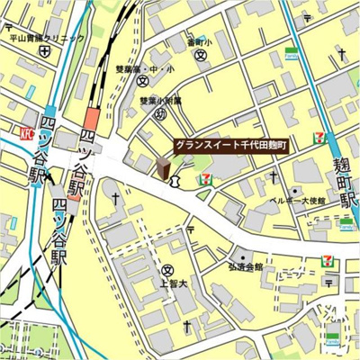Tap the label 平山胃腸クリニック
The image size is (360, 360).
[x=47, y=38]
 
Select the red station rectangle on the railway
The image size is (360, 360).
[x=92, y=119]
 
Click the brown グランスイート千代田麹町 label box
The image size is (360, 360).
[x=230, y=144]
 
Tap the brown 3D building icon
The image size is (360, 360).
[x=163, y=169]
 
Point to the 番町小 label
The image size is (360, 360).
[x=199, y=41]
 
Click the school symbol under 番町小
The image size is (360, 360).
[x=201, y=55]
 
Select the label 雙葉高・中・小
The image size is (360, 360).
[x=145, y=67]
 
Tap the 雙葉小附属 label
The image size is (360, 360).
[x=160, y=101]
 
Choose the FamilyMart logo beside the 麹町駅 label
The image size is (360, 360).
[x=346, y=222]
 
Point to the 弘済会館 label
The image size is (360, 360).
[x=245, y=267]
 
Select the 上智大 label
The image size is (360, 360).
[x=167, y=283]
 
